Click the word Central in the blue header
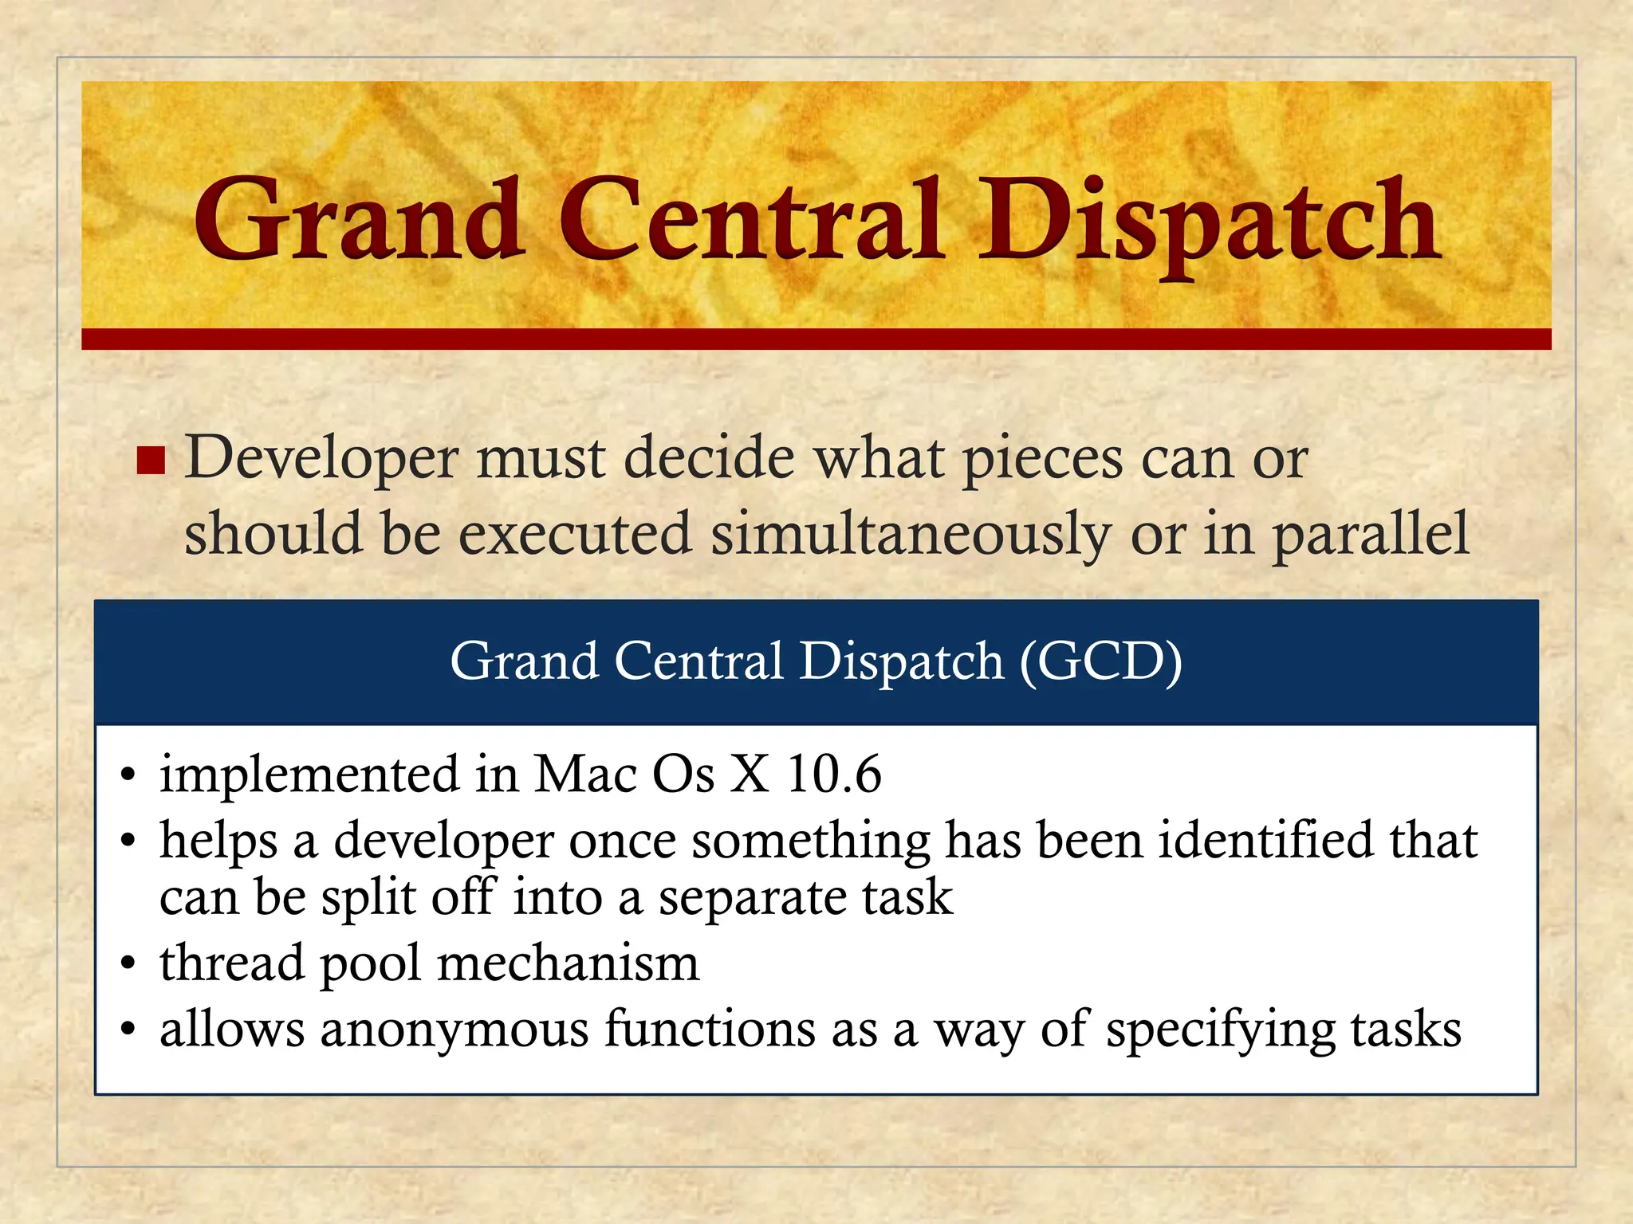[698, 661]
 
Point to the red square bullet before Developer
[151, 461]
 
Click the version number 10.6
[833, 775]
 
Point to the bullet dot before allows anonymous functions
[128, 1032]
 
